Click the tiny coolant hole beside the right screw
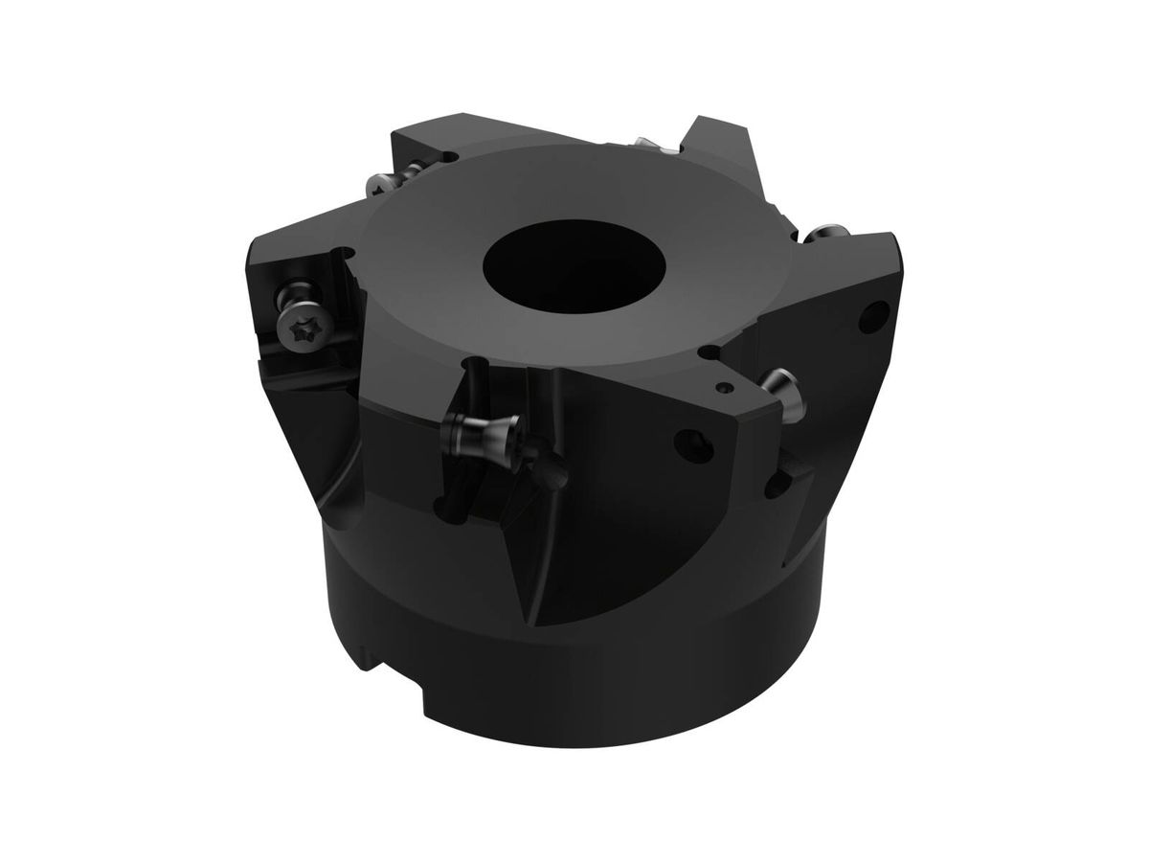(724, 387)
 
